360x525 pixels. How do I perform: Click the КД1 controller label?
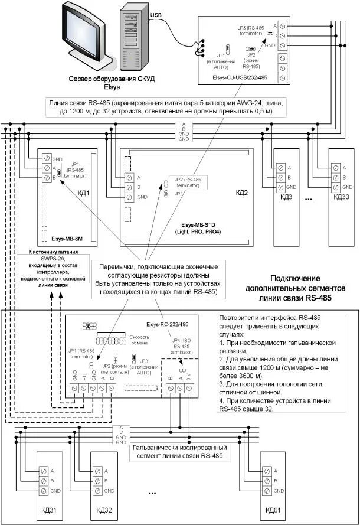pyautogui.click(x=83, y=193)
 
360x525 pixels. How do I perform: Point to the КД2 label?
pyautogui.click(x=242, y=193)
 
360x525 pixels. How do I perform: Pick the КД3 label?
pyautogui.click(x=286, y=197)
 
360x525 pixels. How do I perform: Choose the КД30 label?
pyautogui.click(x=342, y=197)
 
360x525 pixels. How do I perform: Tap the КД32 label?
pyautogui.click(x=104, y=509)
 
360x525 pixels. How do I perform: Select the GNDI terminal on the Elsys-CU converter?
pyautogui.click(x=283, y=45)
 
